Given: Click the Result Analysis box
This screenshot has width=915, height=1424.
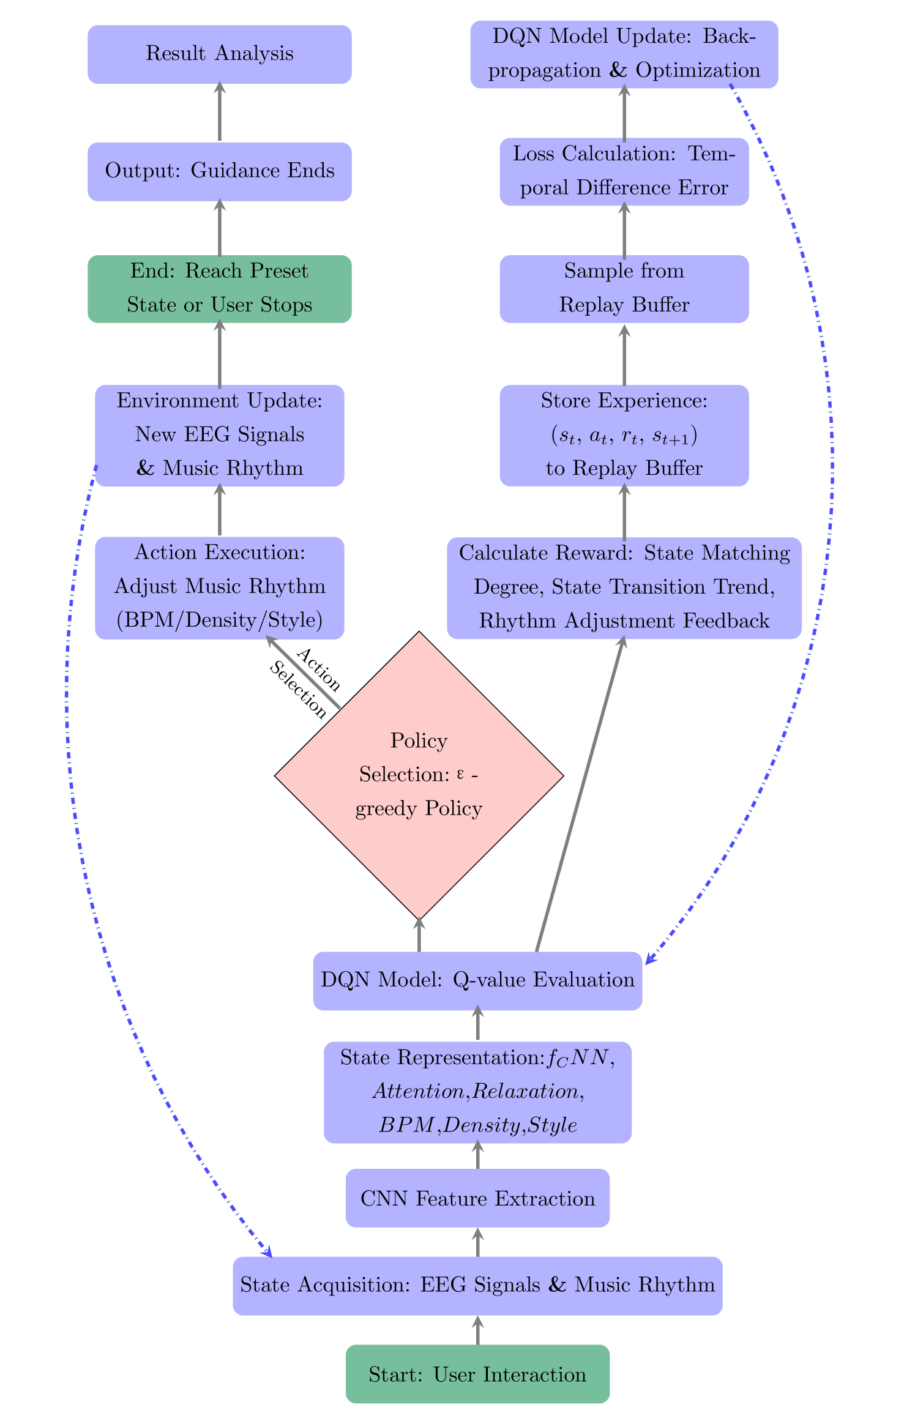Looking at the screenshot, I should (x=219, y=54).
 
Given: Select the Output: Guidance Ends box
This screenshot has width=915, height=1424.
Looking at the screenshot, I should (x=219, y=171).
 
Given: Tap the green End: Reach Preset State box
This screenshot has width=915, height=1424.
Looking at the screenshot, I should (x=219, y=288).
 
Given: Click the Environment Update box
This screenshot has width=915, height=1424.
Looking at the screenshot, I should (x=219, y=435).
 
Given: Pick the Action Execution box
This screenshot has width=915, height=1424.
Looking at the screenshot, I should (x=219, y=587).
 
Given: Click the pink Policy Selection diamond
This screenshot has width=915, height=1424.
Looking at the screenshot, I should (x=419, y=775).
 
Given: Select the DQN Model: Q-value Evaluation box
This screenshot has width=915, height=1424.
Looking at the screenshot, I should (x=477, y=980).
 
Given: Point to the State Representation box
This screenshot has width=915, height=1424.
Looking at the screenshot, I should (x=477, y=1092).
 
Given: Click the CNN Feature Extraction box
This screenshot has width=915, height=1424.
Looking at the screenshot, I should (x=477, y=1198).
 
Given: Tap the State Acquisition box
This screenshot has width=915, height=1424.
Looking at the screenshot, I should (x=477, y=1285).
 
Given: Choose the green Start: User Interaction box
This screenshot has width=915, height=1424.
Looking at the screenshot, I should (x=477, y=1374).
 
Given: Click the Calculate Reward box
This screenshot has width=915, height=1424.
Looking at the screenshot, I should (x=624, y=587).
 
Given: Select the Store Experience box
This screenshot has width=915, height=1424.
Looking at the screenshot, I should (x=624, y=435).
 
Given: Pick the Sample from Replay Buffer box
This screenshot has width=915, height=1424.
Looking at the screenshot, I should (x=624, y=288).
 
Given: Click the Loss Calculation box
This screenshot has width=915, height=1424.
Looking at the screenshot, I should (x=624, y=171).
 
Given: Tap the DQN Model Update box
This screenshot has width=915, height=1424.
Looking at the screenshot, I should (x=624, y=54).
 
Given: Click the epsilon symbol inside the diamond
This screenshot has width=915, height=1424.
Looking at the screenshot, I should (x=460, y=774).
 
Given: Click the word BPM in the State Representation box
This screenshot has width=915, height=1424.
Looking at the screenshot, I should (x=406, y=1125).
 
